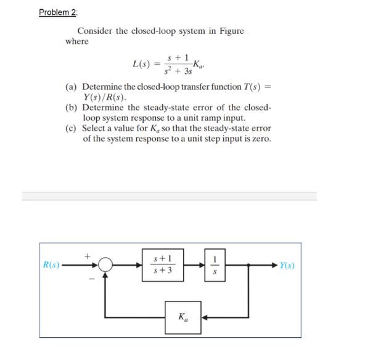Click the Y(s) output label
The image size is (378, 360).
(289, 266)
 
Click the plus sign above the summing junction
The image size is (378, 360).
(88, 253)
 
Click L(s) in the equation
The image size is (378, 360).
(144, 63)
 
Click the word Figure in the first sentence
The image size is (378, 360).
(230, 31)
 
